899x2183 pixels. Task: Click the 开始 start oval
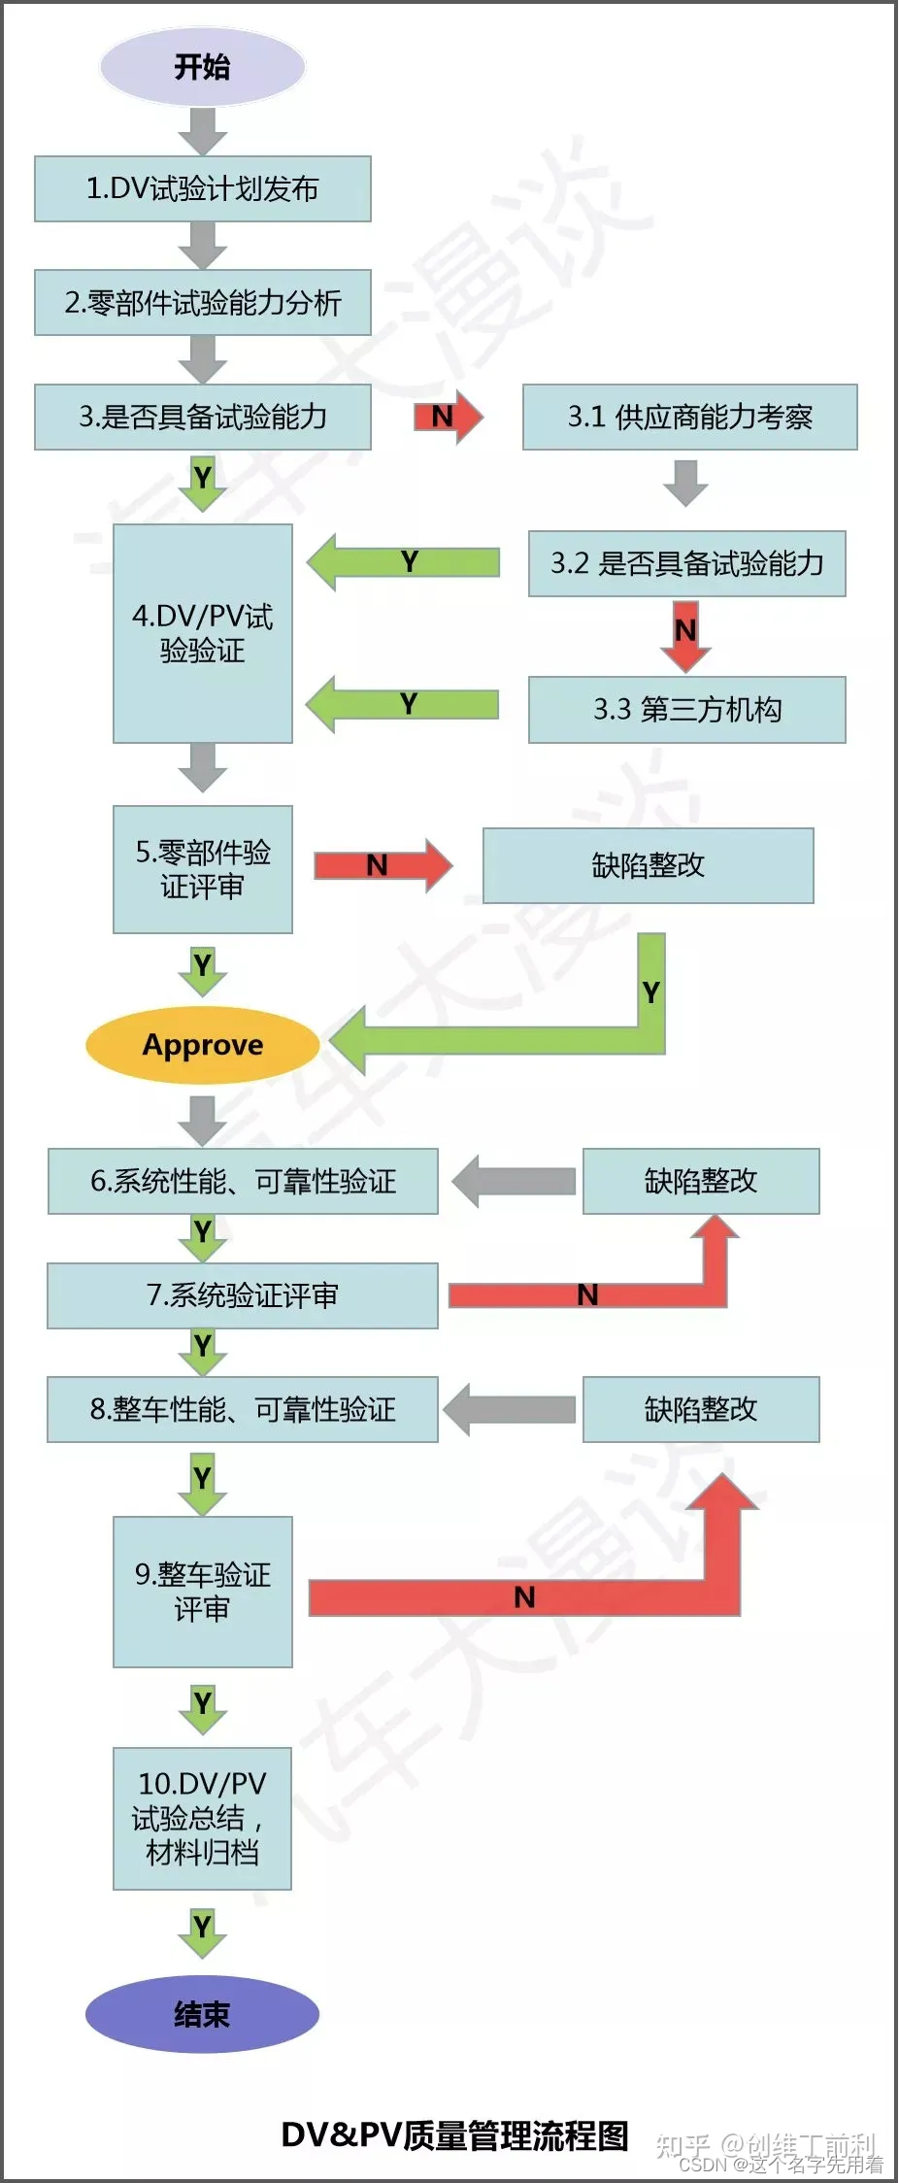(x=202, y=66)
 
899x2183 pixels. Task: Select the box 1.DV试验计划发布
(x=203, y=188)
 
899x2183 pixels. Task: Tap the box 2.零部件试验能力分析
(x=203, y=302)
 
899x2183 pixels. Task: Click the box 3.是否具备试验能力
(x=203, y=417)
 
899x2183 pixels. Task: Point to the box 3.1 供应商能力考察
(x=689, y=417)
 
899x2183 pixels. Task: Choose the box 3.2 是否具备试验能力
(x=686, y=563)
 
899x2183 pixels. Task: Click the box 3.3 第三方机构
(x=686, y=709)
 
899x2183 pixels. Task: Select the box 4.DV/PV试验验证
(x=202, y=633)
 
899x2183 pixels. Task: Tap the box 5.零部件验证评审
(x=202, y=869)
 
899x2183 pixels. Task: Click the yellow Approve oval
(x=202, y=1045)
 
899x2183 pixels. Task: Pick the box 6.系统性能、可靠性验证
(x=243, y=1181)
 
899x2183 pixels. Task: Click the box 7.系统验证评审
(x=243, y=1294)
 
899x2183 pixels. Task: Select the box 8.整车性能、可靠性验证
(x=243, y=1409)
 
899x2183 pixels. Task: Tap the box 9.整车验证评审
(x=202, y=1592)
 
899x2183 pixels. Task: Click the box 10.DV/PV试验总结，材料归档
(x=202, y=1818)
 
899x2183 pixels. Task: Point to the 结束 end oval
(x=202, y=2014)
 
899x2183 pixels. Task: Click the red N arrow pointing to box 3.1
(x=448, y=417)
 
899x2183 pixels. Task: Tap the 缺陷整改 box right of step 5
(x=648, y=865)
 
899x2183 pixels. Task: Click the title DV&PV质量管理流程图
(x=454, y=2135)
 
